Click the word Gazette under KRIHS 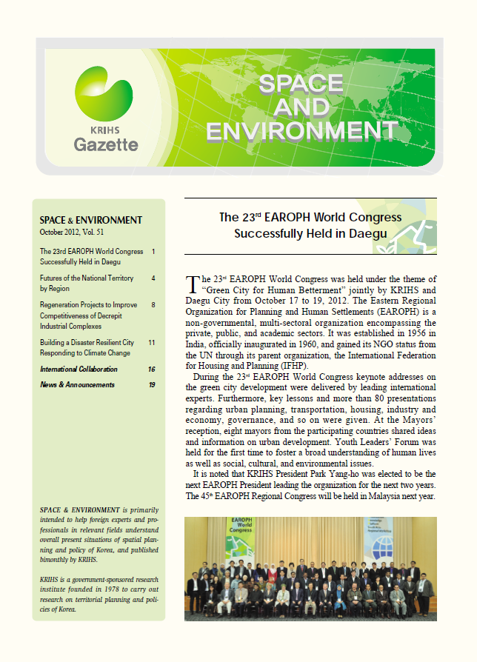click(x=106, y=144)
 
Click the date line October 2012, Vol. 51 click(x=73, y=232)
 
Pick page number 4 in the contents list click(x=153, y=278)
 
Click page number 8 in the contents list click(x=153, y=304)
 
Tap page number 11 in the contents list click(x=151, y=343)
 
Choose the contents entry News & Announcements click(x=77, y=385)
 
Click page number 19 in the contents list click(x=151, y=385)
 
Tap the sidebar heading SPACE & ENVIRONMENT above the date click(x=90, y=220)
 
